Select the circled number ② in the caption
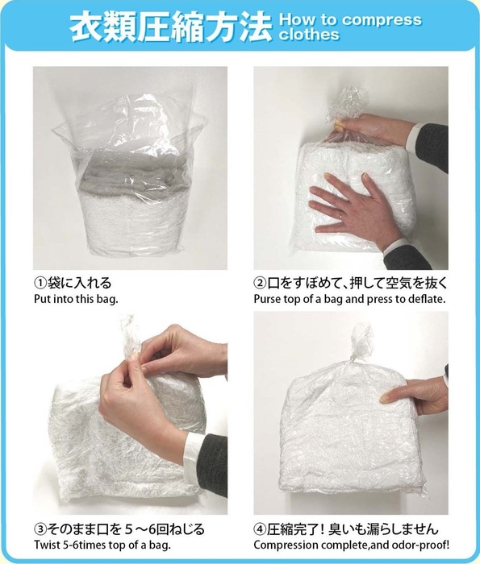pos(261,283)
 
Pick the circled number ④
pos(261,530)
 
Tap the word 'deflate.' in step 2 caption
pos(425,299)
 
